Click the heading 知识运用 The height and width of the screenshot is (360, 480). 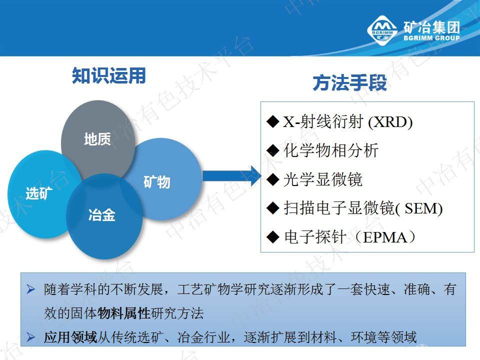pos(108,76)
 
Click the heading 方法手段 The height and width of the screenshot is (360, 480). pos(350,83)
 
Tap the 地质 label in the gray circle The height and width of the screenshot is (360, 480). pos(97,139)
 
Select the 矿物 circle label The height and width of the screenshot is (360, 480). pos(157,182)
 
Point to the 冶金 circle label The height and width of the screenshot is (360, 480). pos(101,216)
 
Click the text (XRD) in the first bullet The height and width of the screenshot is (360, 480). pos(390,123)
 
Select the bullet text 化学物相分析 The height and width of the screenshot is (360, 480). pos(331,150)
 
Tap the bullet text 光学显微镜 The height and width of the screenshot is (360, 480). pos(322,179)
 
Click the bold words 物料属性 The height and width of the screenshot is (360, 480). pos(124,314)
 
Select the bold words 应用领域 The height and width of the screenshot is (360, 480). pos(70,337)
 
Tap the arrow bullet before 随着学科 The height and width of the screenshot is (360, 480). pos(31,290)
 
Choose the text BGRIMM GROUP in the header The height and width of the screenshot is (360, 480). pos(431,38)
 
